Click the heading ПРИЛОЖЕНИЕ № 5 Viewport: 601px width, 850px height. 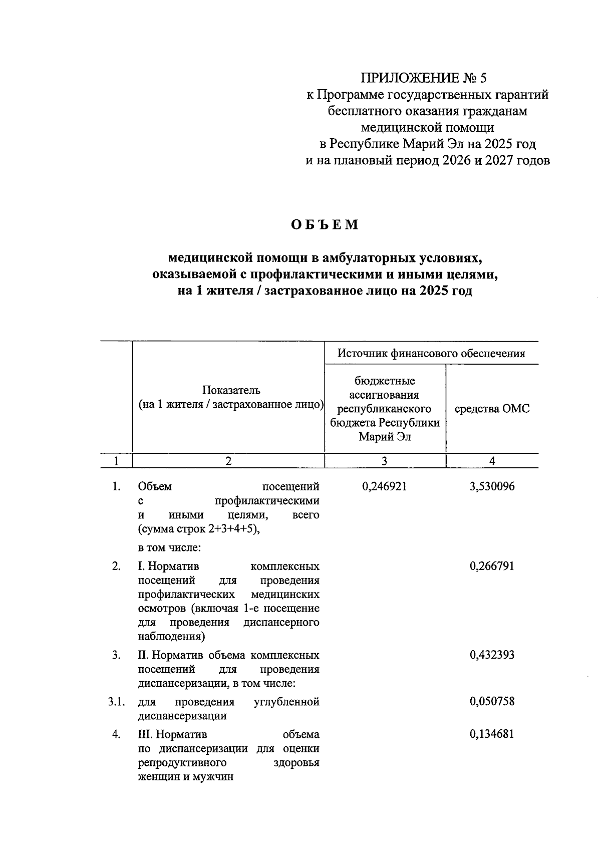424,78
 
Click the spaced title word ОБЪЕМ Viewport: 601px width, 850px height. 326,225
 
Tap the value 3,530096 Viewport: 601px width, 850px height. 492,486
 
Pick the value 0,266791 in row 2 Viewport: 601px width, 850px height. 492,566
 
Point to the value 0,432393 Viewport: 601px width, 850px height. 492,655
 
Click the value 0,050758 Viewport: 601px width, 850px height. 492,701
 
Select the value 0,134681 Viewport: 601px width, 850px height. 492,734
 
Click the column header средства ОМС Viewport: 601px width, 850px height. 492,409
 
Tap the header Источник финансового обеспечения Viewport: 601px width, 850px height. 431,354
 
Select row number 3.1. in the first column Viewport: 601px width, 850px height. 116,701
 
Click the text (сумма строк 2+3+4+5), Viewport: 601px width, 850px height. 199,529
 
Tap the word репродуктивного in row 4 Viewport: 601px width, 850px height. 182,763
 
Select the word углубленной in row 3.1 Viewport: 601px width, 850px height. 287,701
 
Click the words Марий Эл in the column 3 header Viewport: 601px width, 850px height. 385,437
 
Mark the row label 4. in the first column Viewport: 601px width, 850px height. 116,734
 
